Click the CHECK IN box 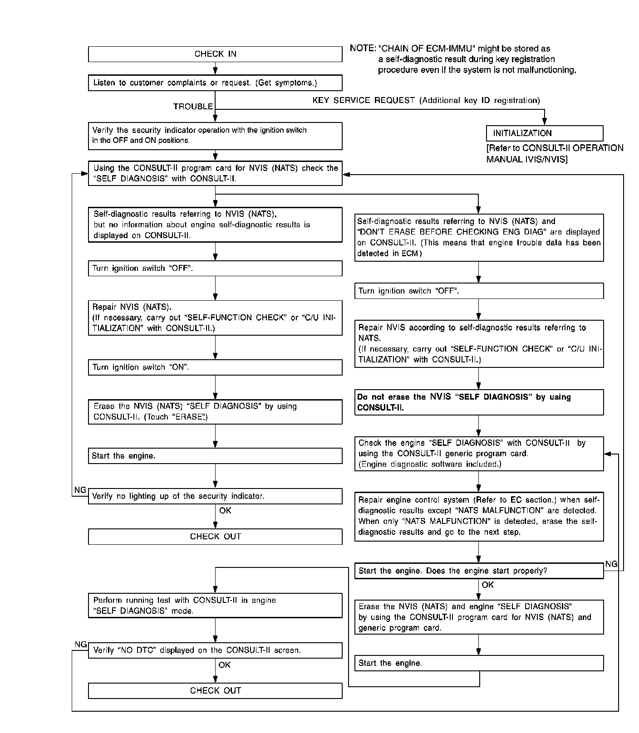click(215, 54)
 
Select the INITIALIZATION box click(544, 133)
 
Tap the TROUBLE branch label click(193, 107)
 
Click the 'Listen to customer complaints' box click(215, 83)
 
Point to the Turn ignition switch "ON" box click(215, 367)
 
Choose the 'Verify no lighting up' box click(215, 496)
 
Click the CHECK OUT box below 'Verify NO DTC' click(215, 691)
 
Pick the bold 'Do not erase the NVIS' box click(479, 402)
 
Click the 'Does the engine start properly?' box click(479, 571)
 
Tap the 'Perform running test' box click(215, 606)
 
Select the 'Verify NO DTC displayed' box click(215, 650)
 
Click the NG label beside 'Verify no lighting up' click(80, 490)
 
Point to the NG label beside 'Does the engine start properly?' click(611, 564)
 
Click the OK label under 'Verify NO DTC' click(225, 665)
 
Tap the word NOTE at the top click(362, 49)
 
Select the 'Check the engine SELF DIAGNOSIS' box click(479, 454)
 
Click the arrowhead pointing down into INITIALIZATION click(545, 122)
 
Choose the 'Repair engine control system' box click(479, 516)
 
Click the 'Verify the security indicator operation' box click(215, 136)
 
